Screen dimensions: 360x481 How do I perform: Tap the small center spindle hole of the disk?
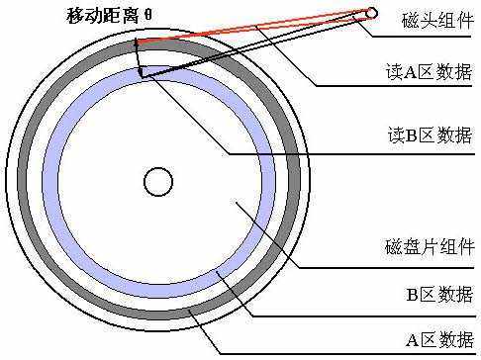(x=157, y=182)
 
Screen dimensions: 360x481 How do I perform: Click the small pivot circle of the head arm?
(x=372, y=13)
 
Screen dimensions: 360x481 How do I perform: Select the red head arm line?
(x=257, y=27)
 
